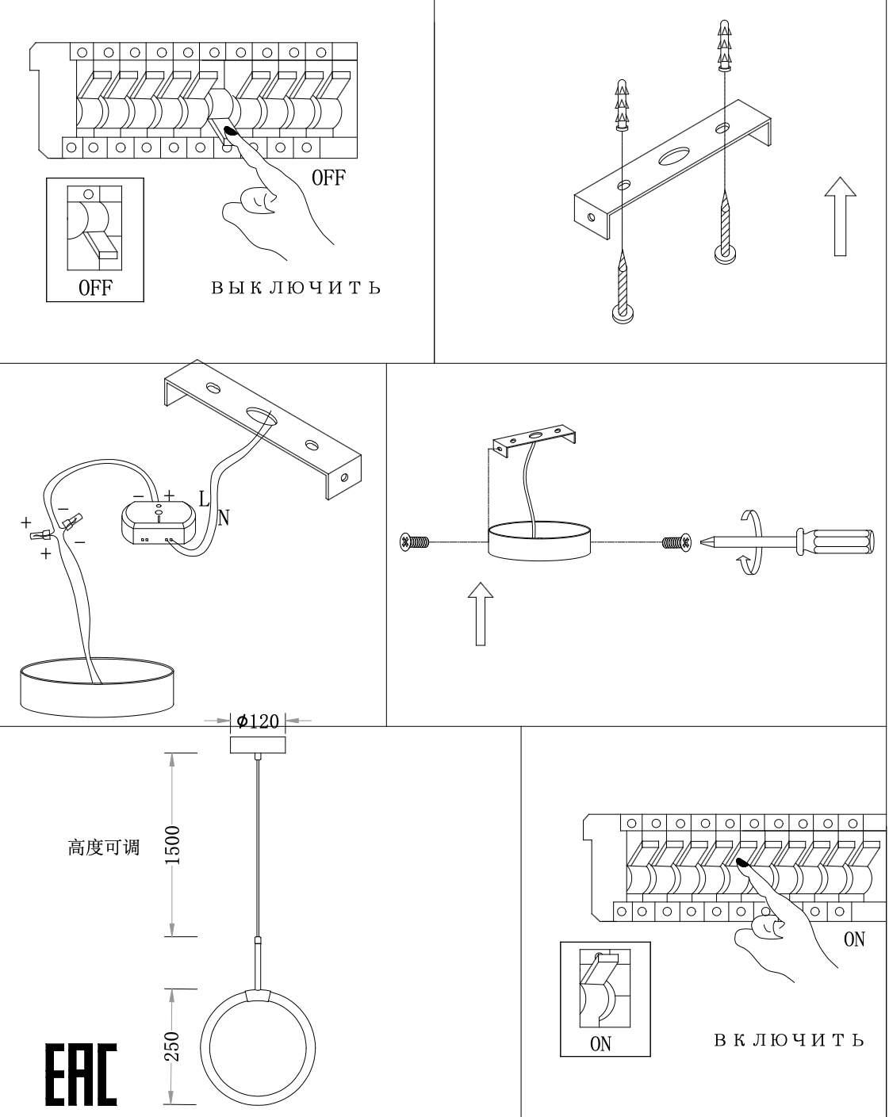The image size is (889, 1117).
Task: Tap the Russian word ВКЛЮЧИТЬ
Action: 788,1039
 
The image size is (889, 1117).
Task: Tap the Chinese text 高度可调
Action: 104,847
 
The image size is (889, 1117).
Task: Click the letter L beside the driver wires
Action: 204,499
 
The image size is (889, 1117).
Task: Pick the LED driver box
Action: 157,524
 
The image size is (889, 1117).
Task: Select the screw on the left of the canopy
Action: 416,543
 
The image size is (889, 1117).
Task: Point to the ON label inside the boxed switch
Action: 600,1044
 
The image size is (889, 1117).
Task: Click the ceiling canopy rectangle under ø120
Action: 258,744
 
